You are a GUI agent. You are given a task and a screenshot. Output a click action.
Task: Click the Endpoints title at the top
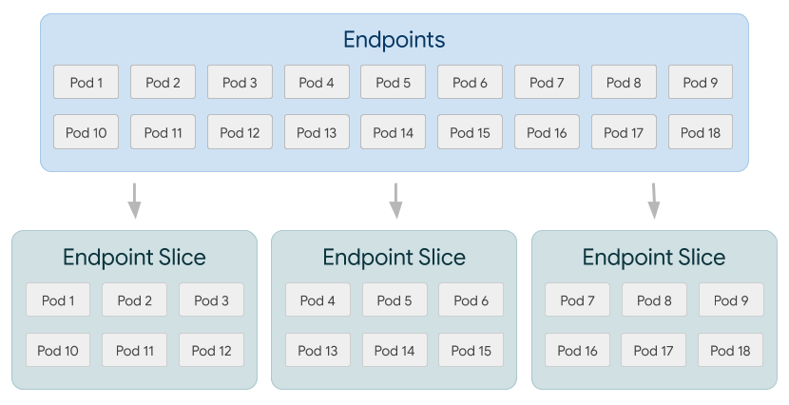tap(394, 40)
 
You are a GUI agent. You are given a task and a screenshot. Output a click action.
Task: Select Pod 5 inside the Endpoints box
tap(394, 83)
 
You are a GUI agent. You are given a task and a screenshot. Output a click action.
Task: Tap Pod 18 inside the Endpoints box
tap(701, 132)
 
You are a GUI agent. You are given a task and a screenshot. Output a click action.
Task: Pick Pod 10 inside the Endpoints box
tap(87, 132)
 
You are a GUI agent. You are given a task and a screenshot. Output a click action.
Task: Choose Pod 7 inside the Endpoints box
tap(547, 83)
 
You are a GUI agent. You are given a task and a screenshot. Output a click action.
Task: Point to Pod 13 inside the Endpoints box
tap(317, 132)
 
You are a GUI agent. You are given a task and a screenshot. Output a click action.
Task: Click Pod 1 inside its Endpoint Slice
tap(58, 300)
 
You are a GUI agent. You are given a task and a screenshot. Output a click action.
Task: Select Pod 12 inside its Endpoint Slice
tap(211, 350)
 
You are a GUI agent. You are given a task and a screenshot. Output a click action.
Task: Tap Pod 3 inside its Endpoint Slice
tap(211, 300)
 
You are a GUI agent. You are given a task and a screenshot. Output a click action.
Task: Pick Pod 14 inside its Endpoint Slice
tap(394, 350)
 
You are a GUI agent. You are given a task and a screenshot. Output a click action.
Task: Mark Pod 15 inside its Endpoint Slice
tap(471, 350)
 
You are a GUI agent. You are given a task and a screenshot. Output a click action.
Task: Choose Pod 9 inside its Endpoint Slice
tap(730, 300)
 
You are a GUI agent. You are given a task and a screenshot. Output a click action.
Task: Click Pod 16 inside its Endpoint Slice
tap(577, 350)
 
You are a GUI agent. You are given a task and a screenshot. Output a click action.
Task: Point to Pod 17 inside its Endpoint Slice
tap(654, 350)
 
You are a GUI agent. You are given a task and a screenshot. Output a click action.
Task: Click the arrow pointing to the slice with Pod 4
tap(395, 200)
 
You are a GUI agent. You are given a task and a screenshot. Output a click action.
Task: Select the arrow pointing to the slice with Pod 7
tap(654, 200)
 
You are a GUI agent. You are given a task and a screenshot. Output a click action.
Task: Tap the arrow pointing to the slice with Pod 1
tap(135, 200)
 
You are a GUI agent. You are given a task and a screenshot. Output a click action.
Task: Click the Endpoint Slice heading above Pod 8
tap(653, 258)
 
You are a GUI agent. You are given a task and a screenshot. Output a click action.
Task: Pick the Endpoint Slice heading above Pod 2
tap(134, 258)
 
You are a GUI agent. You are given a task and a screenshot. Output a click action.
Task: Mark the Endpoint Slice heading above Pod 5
tap(394, 258)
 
